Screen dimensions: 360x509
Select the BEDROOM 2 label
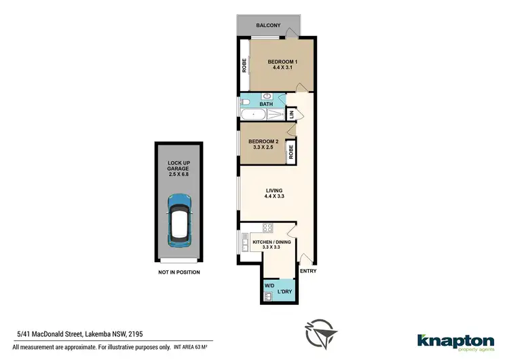tap(263, 141)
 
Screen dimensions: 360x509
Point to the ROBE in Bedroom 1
tap(244, 65)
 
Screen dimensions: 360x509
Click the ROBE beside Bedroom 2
tap(290, 151)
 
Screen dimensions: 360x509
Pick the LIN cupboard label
tap(291, 115)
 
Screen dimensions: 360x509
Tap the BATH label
tap(276, 104)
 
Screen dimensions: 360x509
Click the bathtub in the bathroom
tap(254, 115)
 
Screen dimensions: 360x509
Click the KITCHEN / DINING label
tap(267, 242)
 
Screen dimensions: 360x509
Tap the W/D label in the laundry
tap(269, 285)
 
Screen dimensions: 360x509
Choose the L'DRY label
tap(284, 293)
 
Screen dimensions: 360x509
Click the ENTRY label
tap(307, 272)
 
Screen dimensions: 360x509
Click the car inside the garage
tap(179, 217)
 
